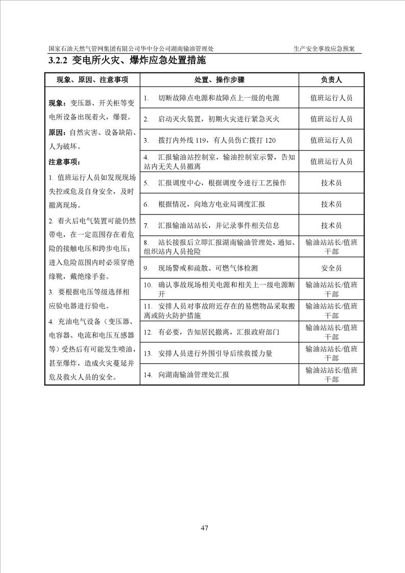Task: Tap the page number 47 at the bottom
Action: (204, 528)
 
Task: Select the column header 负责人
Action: (331, 80)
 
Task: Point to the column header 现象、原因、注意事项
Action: (92, 80)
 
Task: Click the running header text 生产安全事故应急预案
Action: (324, 49)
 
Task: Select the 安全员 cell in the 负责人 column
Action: (331, 268)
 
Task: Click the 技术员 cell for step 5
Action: (331, 182)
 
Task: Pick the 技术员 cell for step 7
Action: (331, 225)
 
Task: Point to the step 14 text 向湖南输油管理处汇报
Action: (194, 374)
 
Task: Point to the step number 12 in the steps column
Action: (148, 332)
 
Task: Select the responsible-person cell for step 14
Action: (331, 374)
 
